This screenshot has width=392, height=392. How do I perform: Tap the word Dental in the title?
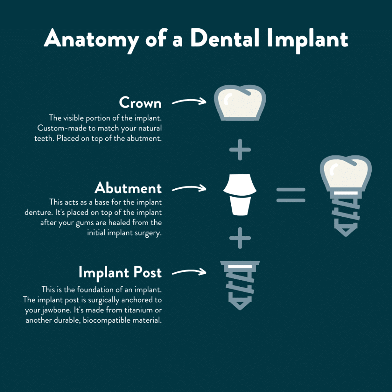click(x=225, y=38)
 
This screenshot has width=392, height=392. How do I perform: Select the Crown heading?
click(x=140, y=103)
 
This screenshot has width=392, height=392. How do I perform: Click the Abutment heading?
click(x=128, y=188)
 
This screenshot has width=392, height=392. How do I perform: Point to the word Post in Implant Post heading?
click(x=147, y=272)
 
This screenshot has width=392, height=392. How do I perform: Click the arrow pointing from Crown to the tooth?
click(x=189, y=101)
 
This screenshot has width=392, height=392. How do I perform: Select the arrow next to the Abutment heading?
click(x=189, y=188)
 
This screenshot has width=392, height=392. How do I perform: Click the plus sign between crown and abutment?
click(x=240, y=150)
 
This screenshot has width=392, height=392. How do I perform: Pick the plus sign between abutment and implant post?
click(x=240, y=238)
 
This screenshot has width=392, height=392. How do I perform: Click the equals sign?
click(x=291, y=195)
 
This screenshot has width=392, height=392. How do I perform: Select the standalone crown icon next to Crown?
click(x=240, y=103)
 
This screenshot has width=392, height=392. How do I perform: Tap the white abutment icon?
click(x=240, y=194)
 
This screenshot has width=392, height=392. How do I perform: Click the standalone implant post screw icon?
click(x=240, y=285)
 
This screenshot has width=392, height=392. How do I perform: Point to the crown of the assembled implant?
click(x=346, y=173)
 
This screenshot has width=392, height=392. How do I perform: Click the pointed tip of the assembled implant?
click(x=346, y=236)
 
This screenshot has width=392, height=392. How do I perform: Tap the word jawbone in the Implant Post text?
click(x=57, y=310)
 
